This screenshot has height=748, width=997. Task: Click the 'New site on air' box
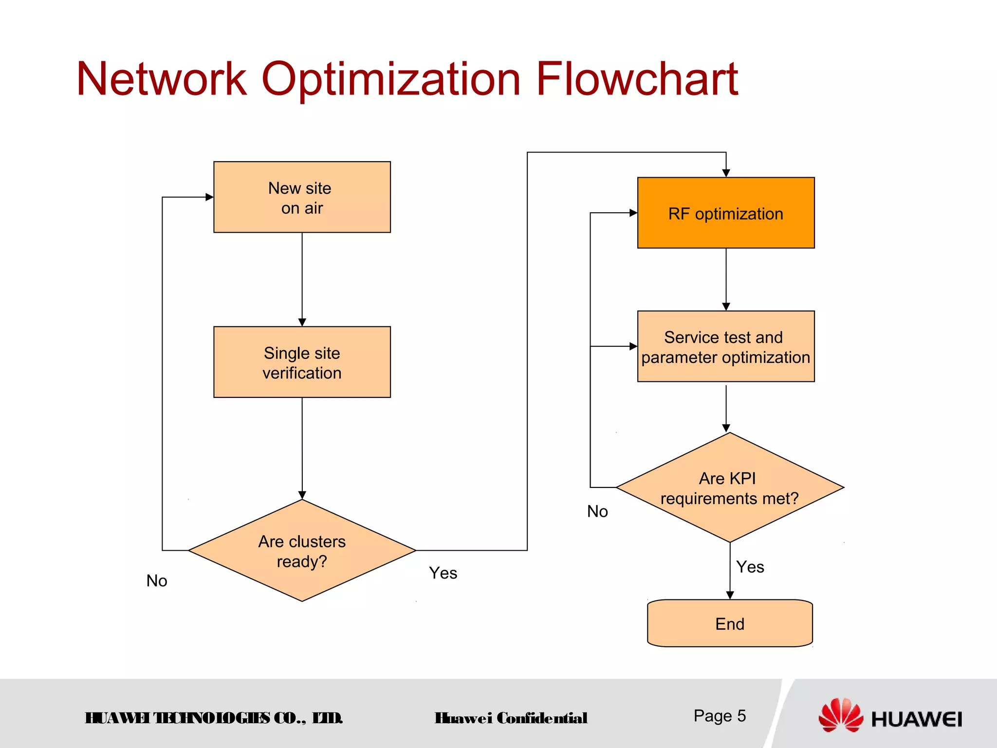[x=302, y=197]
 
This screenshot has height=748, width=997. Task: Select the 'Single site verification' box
[x=302, y=362]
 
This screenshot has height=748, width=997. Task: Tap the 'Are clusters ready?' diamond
[x=302, y=551]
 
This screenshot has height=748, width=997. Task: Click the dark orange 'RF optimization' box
[x=725, y=213]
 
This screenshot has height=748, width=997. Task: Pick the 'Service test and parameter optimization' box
[x=725, y=347]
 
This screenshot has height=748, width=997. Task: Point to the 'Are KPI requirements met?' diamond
[x=729, y=487]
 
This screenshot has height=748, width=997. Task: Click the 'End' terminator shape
[x=729, y=623]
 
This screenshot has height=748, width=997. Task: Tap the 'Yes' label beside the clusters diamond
[x=443, y=573]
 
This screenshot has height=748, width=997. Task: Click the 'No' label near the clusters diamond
[x=157, y=580]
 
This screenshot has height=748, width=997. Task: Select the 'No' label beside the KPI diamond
[x=597, y=511]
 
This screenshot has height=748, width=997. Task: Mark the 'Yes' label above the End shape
[x=750, y=567]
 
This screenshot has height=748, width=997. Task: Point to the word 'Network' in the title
[x=162, y=79]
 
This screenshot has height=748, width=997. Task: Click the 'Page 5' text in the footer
[x=720, y=716]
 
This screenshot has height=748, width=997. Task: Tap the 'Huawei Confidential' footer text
[x=511, y=718]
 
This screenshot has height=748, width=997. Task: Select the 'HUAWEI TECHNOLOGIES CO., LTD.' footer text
[x=214, y=718]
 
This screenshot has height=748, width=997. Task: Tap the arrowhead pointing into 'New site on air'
[x=210, y=197]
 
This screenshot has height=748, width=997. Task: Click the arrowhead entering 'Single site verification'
[x=302, y=322]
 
